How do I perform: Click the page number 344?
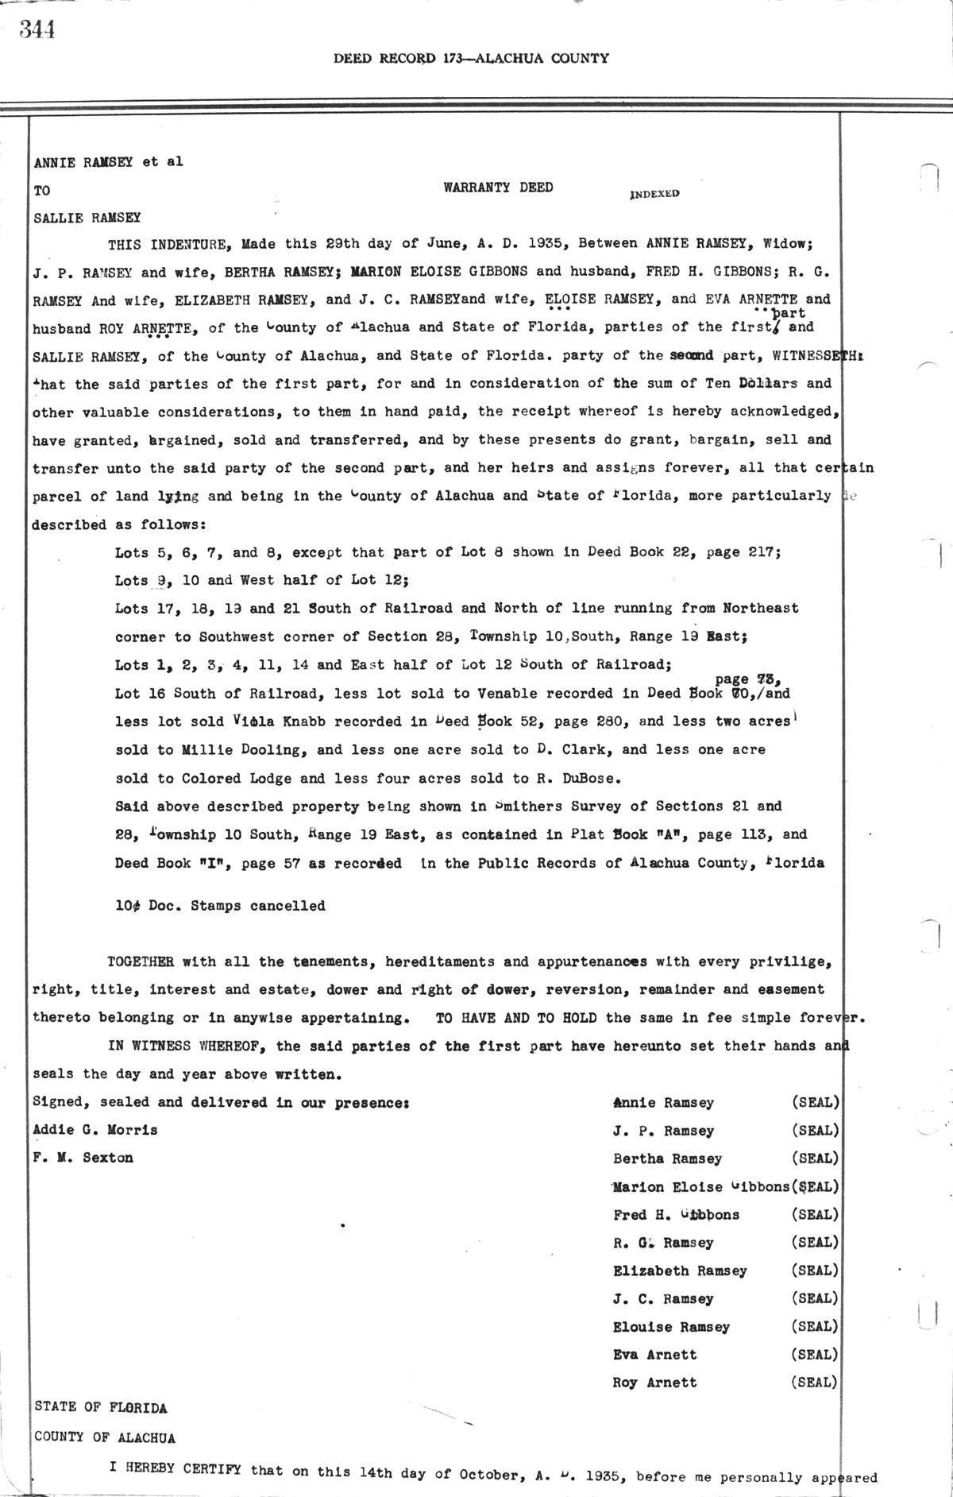[37, 29]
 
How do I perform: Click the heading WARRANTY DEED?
[498, 188]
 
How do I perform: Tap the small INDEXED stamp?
[654, 193]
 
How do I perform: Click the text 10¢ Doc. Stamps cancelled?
[220, 906]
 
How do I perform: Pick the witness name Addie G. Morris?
[95, 1130]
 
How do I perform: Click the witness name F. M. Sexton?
[83, 1158]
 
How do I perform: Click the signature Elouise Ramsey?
[671, 1327]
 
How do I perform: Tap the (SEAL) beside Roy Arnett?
[814, 1382]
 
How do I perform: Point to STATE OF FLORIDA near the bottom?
[101, 1408]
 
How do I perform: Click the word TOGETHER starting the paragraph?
[141, 961]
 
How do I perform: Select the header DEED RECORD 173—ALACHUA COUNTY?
[471, 58]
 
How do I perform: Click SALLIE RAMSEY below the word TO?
[87, 217]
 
